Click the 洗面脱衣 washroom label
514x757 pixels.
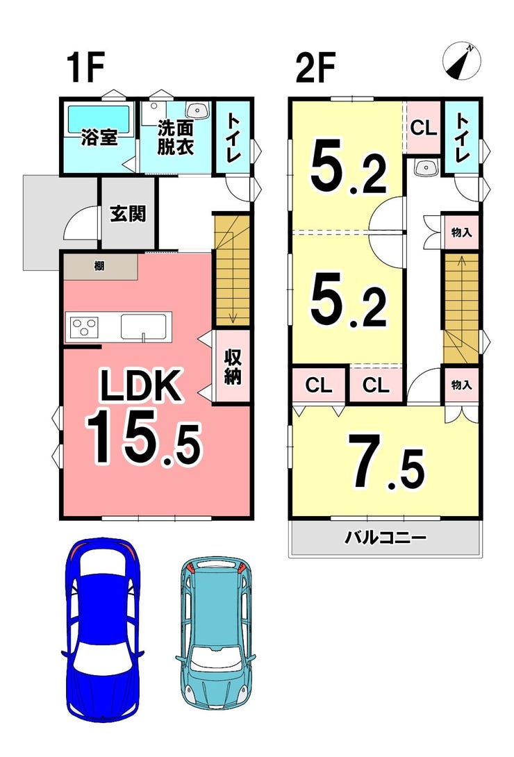click(x=175, y=137)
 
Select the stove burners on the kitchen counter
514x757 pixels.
click(x=83, y=327)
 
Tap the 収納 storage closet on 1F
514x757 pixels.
click(x=232, y=366)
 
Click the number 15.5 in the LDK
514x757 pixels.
click(x=143, y=436)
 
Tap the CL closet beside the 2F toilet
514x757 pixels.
click(x=422, y=128)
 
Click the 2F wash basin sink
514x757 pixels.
click(x=423, y=167)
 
